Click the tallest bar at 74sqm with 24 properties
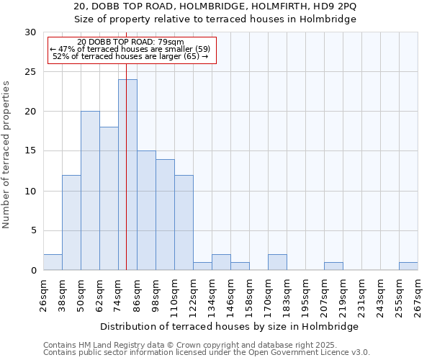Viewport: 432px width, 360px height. (x=127, y=175)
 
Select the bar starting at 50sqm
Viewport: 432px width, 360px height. (x=90, y=191)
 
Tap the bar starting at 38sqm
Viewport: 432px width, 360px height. (x=71, y=222)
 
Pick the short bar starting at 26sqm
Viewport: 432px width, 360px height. (x=53, y=262)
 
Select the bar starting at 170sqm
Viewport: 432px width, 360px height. (x=277, y=262)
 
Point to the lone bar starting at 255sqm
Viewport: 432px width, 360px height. (x=408, y=266)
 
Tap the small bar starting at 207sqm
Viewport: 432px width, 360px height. (x=333, y=266)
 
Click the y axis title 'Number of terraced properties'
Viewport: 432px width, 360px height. (x=7, y=155)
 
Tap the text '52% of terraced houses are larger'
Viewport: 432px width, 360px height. (x=117, y=56)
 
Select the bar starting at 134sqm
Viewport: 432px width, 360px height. (x=221, y=262)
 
